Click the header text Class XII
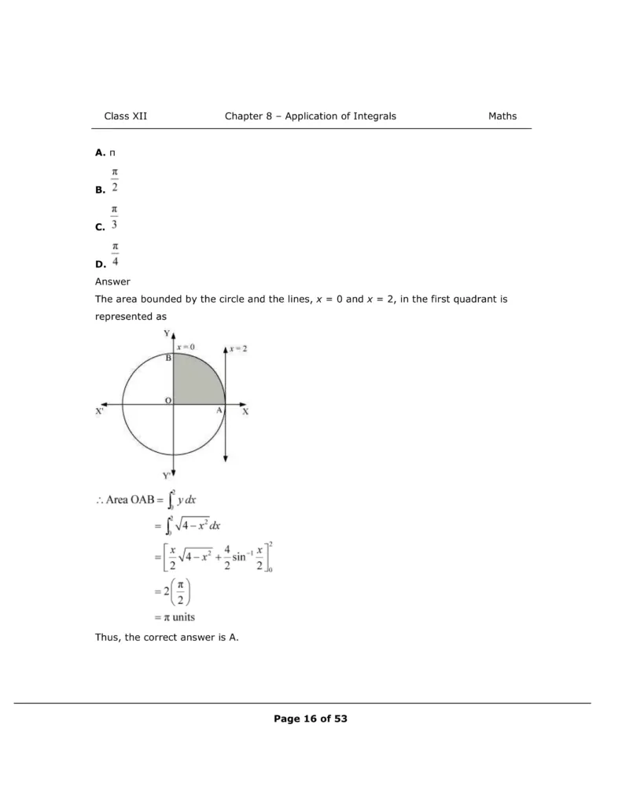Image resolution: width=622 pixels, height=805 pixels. click(125, 116)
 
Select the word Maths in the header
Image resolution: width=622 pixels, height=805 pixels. click(502, 116)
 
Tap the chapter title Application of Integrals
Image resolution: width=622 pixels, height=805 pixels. click(340, 116)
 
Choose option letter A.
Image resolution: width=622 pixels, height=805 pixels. click(99, 152)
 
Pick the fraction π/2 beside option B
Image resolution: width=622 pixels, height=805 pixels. click(115, 179)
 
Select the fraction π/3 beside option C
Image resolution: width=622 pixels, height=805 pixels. click(115, 217)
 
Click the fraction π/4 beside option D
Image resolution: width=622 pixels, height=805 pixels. click(115, 255)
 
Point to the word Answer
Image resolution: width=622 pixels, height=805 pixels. click(112, 281)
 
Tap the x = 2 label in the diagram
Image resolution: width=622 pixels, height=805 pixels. click(237, 347)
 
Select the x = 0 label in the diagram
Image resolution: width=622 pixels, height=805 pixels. click(186, 347)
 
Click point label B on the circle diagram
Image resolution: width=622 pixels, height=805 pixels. click(168, 358)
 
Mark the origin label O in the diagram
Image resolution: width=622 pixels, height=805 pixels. click(167, 401)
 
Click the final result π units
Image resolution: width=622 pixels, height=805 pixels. click(177, 617)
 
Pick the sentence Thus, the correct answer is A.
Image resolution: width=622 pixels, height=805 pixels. click(167, 638)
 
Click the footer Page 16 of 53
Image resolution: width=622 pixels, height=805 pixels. click(311, 719)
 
